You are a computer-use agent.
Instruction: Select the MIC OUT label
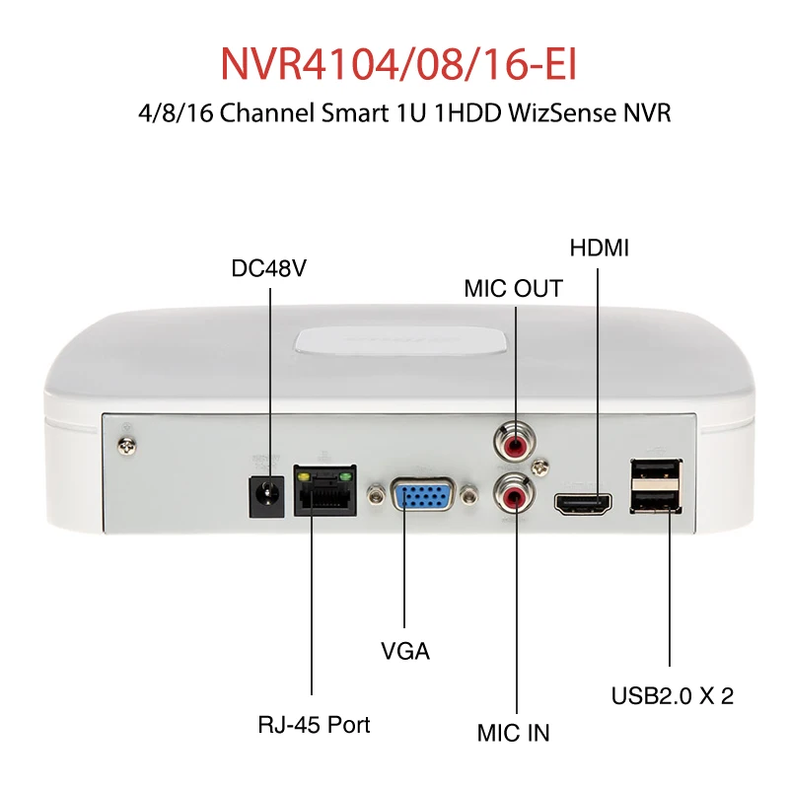[x=513, y=289]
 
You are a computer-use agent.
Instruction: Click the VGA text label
[x=405, y=652]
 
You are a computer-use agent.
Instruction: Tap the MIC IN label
[x=513, y=734]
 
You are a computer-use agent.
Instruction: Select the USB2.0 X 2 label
[x=672, y=695]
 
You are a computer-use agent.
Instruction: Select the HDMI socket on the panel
[x=584, y=504]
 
